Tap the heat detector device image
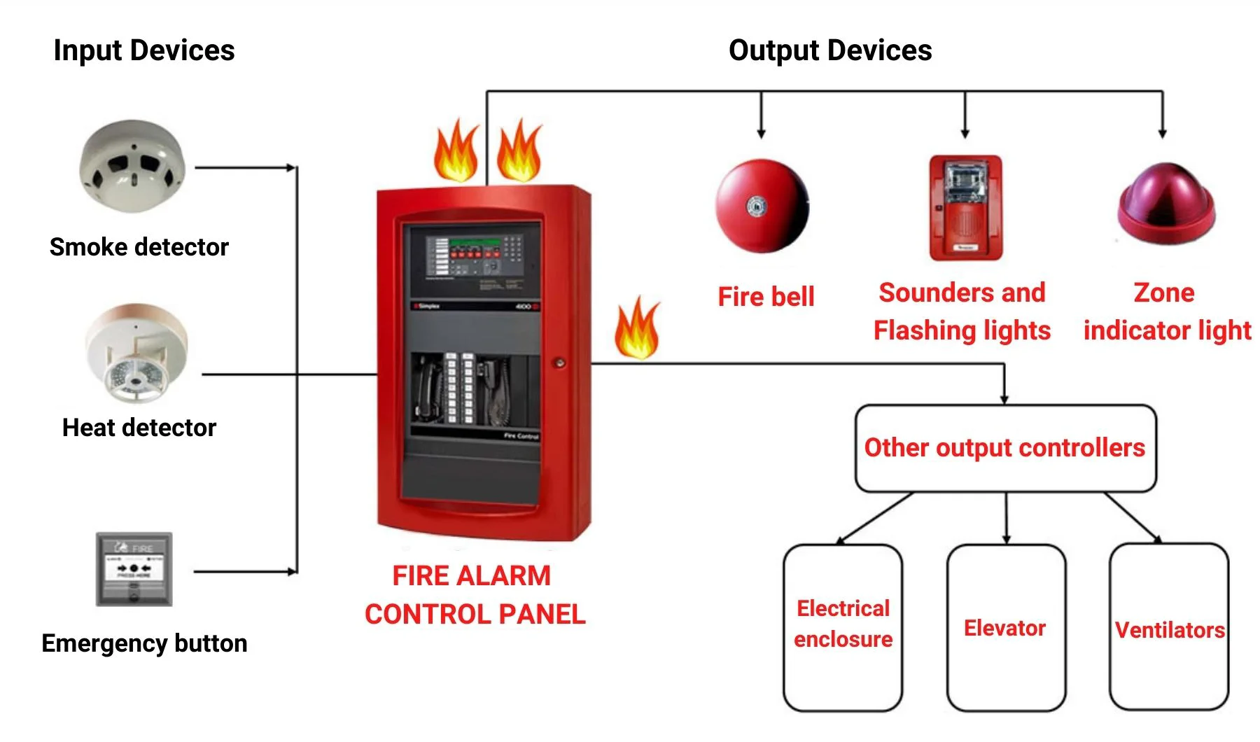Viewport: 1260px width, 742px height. click(136, 353)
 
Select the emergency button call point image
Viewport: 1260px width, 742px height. click(134, 569)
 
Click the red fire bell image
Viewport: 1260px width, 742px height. click(762, 206)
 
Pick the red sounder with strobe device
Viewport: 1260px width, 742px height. click(965, 208)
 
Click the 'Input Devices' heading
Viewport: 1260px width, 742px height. click(144, 50)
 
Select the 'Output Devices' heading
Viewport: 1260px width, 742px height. click(830, 50)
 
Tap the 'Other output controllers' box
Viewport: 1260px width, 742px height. click(1005, 448)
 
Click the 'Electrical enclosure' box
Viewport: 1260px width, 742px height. click(843, 627)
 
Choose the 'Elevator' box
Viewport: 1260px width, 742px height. click(1005, 628)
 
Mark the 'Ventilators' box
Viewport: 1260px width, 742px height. click(1169, 628)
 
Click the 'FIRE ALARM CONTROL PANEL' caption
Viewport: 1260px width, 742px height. click(475, 595)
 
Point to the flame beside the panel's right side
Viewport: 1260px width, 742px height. click(637, 329)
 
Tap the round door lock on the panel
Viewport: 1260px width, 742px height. click(559, 363)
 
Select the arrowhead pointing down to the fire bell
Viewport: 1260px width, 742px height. click(761, 133)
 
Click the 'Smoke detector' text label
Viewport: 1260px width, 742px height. click(139, 247)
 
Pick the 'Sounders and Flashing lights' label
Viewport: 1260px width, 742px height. click(962, 311)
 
